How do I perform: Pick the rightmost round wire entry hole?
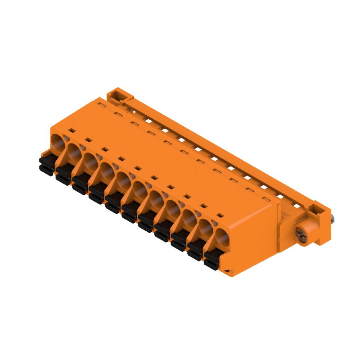(x=221, y=237)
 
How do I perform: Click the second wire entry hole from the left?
(x=74, y=150)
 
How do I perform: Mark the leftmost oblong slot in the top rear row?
(x=102, y=106)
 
